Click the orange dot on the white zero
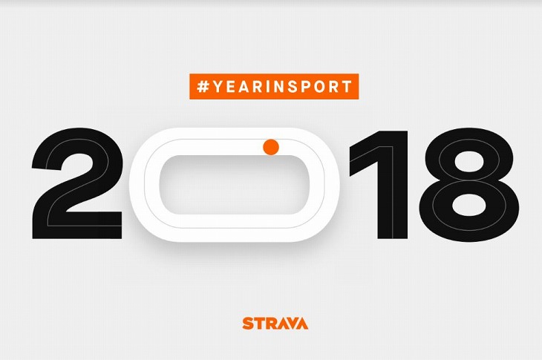[x=271, y=147]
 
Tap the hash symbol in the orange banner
[x=203, y=86]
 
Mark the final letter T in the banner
[x=347, y=86]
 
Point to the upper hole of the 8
[x=469, y=162]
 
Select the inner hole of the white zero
[x=234, y=184]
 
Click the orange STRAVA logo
[x=275, y=323]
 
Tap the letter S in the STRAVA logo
[x=248, y=323]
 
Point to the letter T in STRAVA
[x=260, y=323]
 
